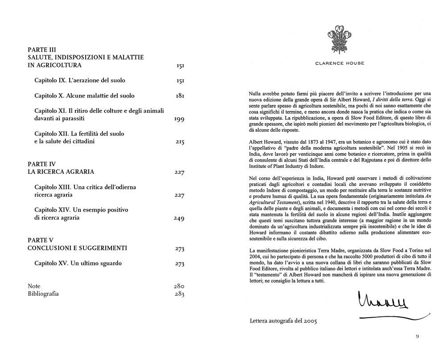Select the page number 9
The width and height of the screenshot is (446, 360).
[x=417, y=336]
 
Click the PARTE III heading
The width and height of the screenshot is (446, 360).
[x=41, y=50]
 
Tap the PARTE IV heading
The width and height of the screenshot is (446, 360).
[x=41, y=164]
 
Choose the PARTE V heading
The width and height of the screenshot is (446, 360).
[x=40, y=240]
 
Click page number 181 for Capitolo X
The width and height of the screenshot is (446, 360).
[x=180, y=96]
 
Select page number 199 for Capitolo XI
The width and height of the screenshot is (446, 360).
[x=179, y=119]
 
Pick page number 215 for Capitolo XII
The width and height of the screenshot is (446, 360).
[x=180, y=142]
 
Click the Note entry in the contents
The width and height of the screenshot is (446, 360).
[x=34, y=286]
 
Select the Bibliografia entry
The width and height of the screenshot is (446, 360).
[x=43, y=294]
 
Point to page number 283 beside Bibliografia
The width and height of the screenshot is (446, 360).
[x=179, y=294]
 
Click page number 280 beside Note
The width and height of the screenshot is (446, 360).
[x=179, y=286]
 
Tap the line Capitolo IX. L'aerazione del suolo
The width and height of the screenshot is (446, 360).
[x=80, y=81]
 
